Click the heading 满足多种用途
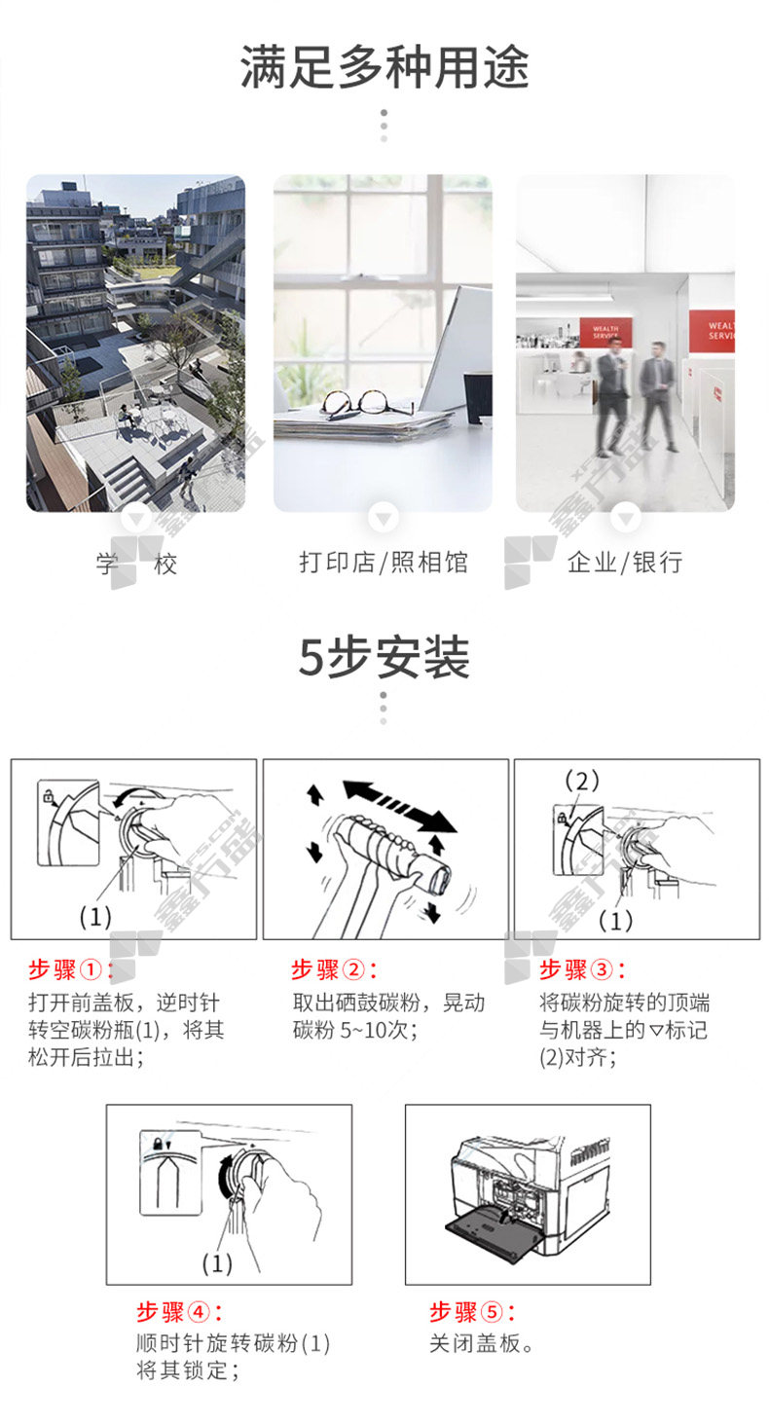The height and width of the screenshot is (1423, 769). click(384, 67)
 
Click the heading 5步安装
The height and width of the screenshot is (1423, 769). click(384, 657)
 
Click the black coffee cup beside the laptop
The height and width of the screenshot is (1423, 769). click(477, 398)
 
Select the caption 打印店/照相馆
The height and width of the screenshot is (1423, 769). click(384, 563)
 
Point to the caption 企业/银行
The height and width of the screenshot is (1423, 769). click(625, 563)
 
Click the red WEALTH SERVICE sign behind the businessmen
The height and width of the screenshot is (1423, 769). click(605, 332)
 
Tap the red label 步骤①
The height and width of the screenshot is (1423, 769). click(70, 970)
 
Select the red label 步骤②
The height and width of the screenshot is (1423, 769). click(334, 970)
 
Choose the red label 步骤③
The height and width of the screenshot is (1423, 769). click(582, 970)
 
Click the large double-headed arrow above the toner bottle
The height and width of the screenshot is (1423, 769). click(399, 806)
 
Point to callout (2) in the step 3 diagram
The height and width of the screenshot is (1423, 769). click(581, 781)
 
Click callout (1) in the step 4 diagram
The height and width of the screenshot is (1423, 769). click(217, 1263)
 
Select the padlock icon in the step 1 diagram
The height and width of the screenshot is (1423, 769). click(48, 795)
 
